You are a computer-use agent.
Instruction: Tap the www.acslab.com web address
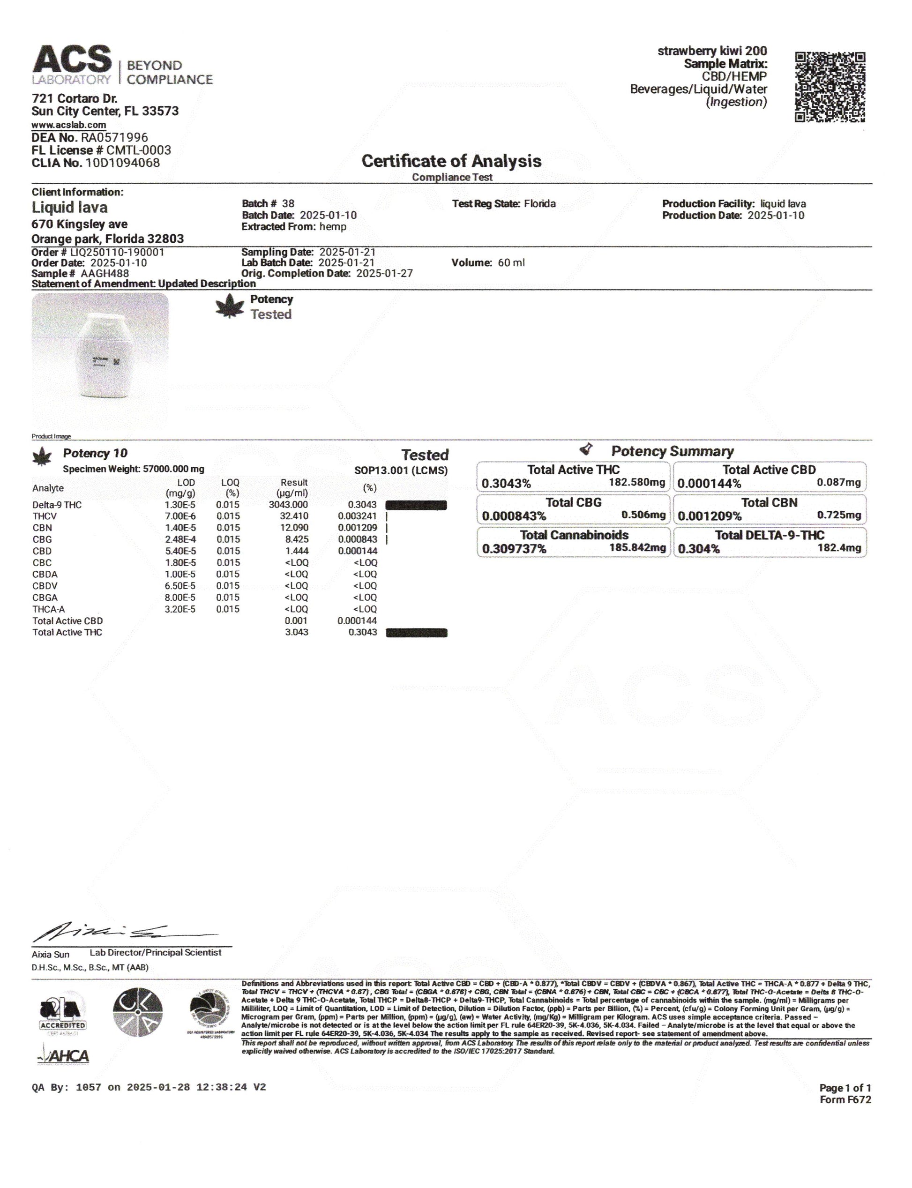point(68,125)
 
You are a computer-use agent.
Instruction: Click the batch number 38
point(288,203)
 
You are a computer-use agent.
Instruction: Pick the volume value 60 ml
point(511,263)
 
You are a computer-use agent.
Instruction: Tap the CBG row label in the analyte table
point(42,539)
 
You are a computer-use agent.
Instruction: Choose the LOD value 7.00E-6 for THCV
point(180,516)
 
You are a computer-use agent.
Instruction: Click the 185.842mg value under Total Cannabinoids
point(637,547)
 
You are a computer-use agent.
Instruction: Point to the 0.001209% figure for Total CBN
point(710,516)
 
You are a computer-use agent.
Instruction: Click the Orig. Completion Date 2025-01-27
point(384,274)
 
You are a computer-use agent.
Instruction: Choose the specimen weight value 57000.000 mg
point(173,469)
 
